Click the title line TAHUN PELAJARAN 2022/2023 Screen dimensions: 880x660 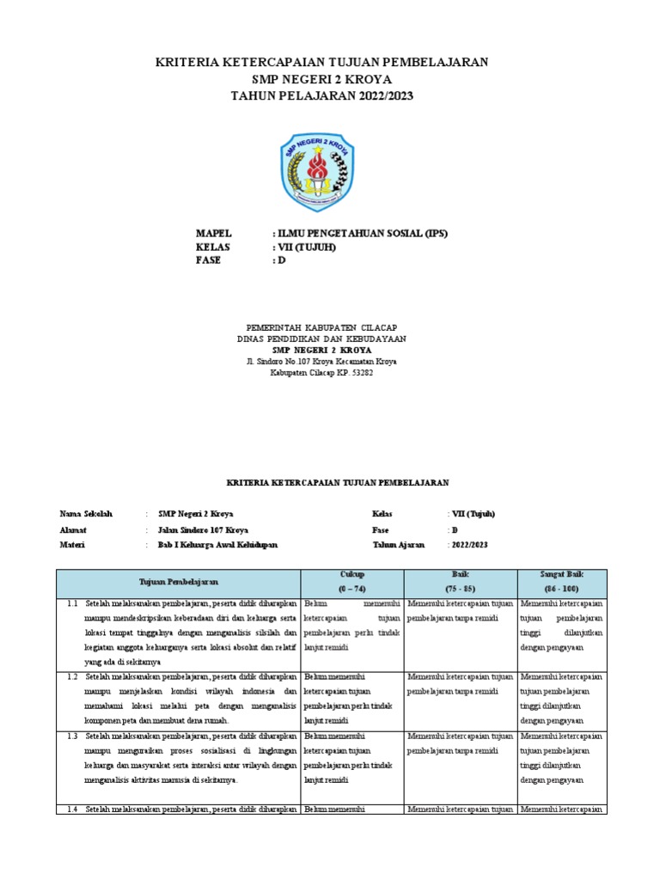point(321,95)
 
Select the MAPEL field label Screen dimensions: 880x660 point(214,233)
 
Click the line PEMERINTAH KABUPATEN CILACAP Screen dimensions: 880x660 point(321,327)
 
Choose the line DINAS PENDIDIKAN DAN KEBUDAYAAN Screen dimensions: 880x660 point(321,339)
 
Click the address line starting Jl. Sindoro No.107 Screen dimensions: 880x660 point(321,362)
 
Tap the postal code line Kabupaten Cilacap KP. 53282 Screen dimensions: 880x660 point(321,373)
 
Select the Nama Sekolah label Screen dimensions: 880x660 point(86,513)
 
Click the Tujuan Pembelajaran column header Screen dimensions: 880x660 point(177,582)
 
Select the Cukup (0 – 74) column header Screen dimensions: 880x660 point(351,582)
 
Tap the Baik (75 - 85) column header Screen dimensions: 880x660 point(460,582)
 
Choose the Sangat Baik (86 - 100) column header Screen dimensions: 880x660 point(563,582)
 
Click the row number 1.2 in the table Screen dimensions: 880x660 point(72,676)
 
